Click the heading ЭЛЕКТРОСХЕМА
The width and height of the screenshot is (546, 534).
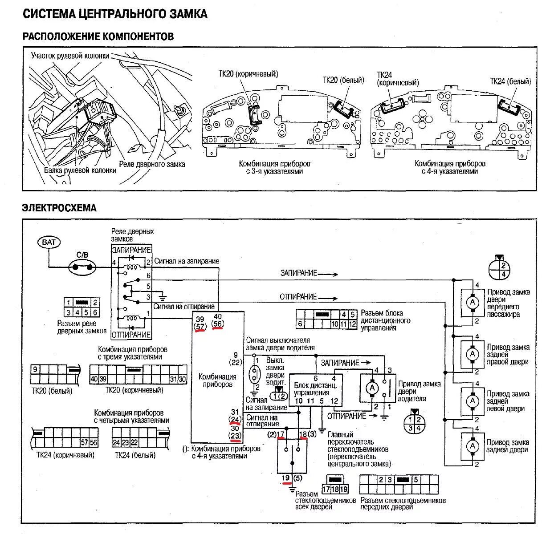59,208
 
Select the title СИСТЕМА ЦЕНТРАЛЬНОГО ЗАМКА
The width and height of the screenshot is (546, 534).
115,14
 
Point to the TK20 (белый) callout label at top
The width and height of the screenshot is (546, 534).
343,80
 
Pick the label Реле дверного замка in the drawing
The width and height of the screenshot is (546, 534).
152,164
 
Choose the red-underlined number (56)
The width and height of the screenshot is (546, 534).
218,325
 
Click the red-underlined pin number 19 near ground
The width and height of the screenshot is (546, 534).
286,478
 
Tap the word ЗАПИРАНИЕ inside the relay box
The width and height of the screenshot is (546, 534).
131,250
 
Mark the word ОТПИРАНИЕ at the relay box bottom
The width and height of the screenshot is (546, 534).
131,334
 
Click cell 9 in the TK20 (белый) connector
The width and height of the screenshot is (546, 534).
35,369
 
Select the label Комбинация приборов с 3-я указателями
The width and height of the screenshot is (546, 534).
274,167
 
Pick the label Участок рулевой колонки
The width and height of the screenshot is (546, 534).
70,56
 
